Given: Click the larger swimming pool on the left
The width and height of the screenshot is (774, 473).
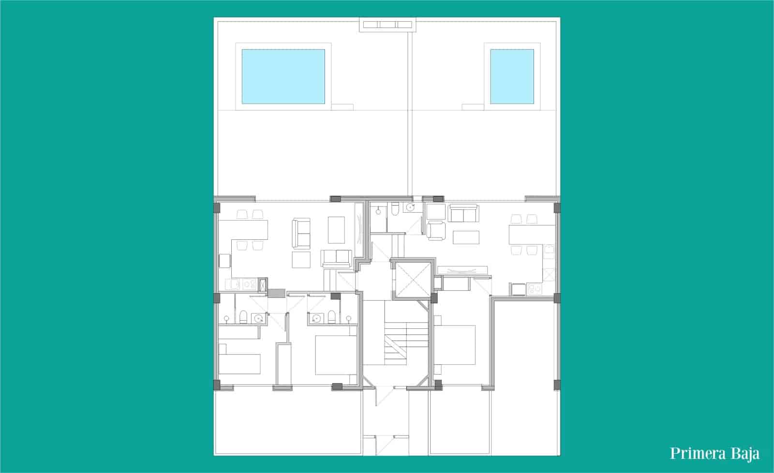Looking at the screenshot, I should point(283,76).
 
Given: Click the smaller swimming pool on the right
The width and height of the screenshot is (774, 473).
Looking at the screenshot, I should point(512,76).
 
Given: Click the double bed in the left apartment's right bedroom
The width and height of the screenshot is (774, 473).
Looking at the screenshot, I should point(334,355).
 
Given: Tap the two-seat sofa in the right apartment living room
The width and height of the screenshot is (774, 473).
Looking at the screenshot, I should point(463,213).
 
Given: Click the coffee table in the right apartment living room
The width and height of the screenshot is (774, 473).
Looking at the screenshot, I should point(466,237).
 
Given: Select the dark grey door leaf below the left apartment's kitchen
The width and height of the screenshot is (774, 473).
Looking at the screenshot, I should point(277,293).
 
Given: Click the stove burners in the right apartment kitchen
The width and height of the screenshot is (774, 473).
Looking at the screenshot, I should point(536,289).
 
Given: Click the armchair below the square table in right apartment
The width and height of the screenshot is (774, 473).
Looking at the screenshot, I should point(436,229).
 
